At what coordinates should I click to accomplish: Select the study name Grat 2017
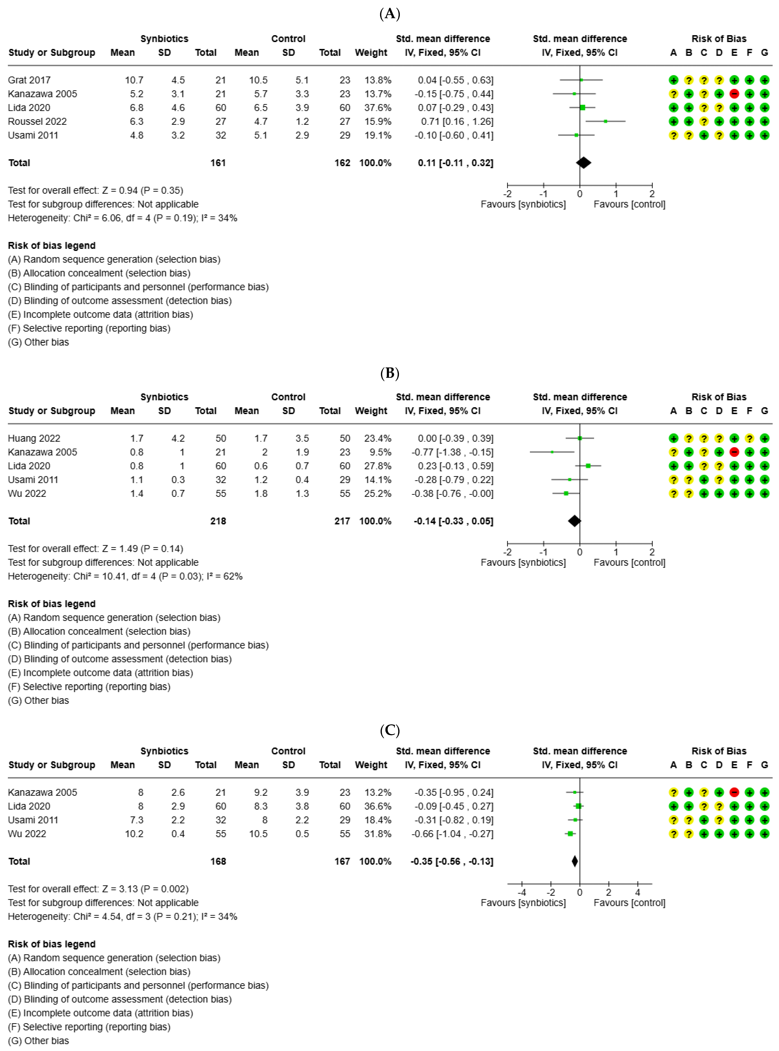(29, 80)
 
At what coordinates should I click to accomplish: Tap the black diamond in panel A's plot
(583, 163)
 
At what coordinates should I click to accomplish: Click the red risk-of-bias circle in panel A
(734, 94)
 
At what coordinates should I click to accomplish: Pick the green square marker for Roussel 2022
(605, 121)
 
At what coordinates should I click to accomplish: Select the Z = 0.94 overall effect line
(95, 190)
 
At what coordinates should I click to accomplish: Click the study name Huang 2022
(34, 438)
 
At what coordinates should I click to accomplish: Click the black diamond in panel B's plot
(574, 521)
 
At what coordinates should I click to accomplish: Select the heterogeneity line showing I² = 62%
(125, 576)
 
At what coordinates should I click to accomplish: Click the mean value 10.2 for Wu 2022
(134, 834)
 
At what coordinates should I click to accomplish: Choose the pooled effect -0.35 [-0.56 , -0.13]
(452, 861)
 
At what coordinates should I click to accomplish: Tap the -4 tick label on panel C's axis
(521, 892)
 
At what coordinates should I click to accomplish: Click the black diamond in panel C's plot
(574, 861)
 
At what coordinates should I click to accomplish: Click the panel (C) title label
(389, 730)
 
